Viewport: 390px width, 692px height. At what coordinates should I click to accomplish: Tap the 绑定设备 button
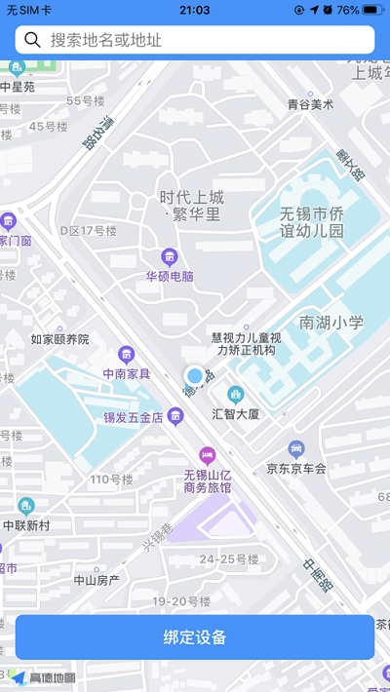pos(195,637)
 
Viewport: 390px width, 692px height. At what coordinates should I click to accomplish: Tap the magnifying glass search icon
pos(33,40)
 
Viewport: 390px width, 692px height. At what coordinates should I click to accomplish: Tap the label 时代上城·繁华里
pos(191,206)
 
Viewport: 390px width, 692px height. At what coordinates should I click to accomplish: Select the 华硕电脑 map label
pos(170,276)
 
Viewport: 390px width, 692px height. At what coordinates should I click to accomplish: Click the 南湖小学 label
pos(331,322)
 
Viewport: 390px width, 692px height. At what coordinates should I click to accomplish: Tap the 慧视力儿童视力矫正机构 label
pos(247,344)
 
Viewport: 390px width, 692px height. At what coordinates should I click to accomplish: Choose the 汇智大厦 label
pos(235,413)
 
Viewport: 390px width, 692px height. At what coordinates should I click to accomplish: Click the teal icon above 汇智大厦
pos(235,394)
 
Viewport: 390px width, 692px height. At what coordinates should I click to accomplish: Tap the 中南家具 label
pos(127,373)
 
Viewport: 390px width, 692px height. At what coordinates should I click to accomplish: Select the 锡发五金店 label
pos(134,417)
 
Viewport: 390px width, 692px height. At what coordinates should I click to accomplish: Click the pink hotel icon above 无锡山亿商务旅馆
pos(207,454)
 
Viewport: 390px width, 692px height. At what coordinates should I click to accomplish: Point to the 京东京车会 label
pos(296,468)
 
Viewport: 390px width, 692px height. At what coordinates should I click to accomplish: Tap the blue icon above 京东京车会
pos(296,448)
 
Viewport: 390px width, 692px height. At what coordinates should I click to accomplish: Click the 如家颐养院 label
pos(59,339)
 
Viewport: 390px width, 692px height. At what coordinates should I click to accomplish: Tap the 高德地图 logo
pos(44,677)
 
